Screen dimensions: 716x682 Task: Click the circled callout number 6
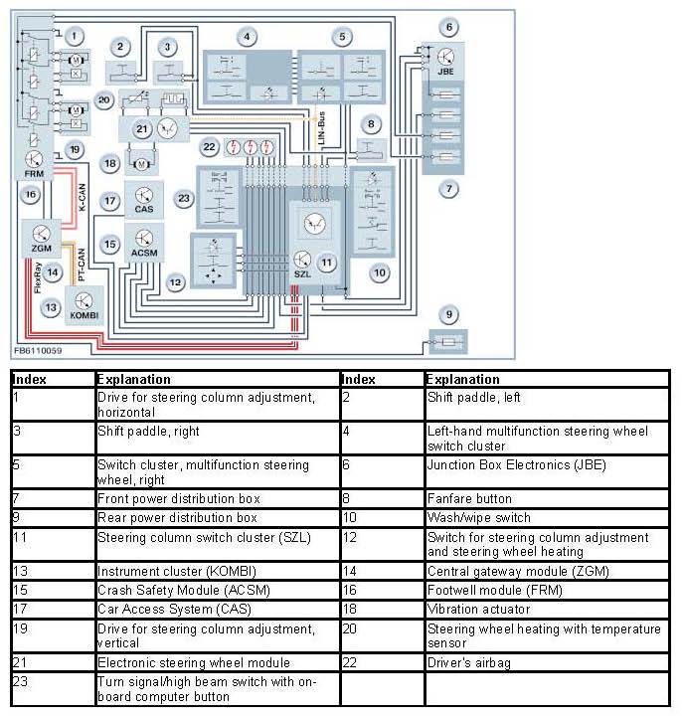point(449,27)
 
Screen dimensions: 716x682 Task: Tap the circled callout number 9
point(449,315)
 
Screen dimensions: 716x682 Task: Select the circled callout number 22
point(209,147)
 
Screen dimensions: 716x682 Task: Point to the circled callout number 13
point(50,307)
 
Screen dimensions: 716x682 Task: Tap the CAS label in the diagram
point(143,210)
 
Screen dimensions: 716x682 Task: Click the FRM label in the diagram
point(34,174)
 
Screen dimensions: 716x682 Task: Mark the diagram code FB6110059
point(38,351)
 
